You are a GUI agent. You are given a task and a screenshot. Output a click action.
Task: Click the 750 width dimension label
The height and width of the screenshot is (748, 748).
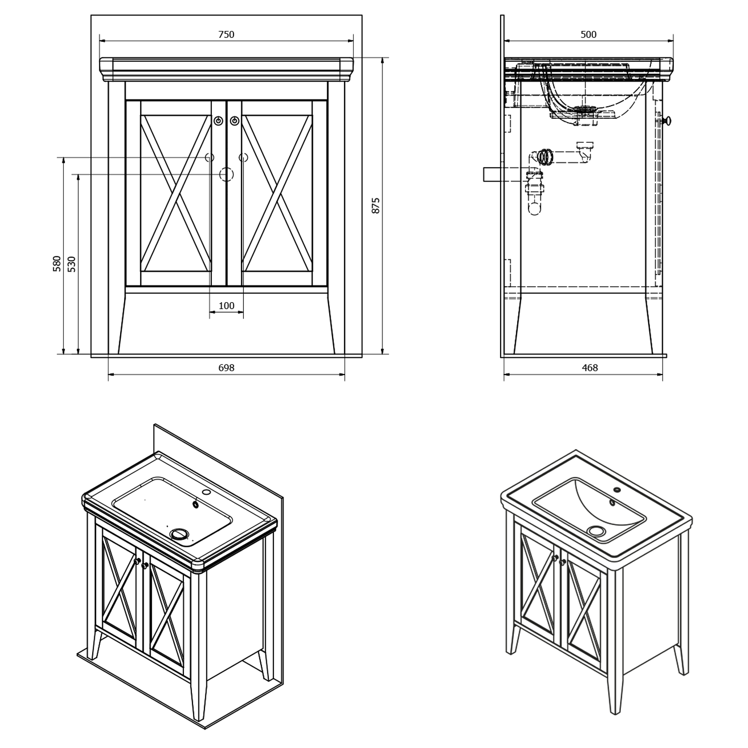pos(226,34)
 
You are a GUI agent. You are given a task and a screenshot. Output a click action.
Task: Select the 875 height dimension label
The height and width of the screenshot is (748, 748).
pos(376,205)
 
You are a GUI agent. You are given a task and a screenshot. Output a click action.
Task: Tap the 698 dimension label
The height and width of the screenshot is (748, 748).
pos(226,368)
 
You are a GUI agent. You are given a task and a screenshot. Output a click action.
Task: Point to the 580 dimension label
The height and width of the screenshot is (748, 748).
pos(57,263)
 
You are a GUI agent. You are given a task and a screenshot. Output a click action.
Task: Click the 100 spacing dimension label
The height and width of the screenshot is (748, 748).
pos(226,306)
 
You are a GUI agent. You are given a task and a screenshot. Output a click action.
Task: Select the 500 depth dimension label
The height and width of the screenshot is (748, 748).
pos(588,34)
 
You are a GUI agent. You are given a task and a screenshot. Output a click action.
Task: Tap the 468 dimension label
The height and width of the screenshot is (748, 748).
pos(590,368)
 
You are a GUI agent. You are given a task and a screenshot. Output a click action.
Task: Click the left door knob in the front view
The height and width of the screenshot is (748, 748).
pos(218,121)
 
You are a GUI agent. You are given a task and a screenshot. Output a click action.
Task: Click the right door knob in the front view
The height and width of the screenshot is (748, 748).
pos(234,121)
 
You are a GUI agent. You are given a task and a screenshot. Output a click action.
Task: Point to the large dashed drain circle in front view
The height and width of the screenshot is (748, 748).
pos(226,174)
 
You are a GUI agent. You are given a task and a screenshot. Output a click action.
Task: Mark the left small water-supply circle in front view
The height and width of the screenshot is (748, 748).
pos(209,158)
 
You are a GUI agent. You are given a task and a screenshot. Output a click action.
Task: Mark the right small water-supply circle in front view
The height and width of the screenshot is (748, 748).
pos(243,158)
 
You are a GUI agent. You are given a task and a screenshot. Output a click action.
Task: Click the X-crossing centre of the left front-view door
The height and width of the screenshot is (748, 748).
pos(176,193)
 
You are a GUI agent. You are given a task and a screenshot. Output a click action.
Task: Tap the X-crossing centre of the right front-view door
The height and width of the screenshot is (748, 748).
pos(277,193)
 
